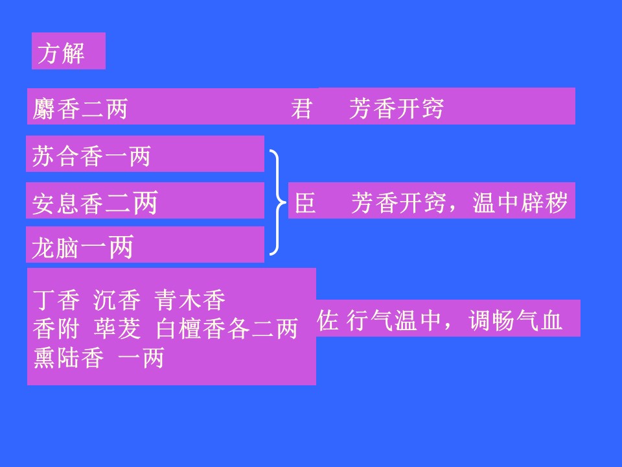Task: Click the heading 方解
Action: (x=61, y=53)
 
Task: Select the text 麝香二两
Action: (x=80, y=108)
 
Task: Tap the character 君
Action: (x=301, y=108)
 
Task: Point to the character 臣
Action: (x=305, y=202)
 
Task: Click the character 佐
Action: (x=328, y=320)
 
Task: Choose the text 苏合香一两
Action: (x=91, y=156)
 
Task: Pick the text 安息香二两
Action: (x=95, y=202)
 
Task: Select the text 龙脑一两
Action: (x=82, y=247)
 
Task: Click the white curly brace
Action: (x=278, y=202)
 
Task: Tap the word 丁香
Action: (x=56, y=300)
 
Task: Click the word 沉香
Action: (x=117, y=300)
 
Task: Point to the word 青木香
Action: (x=190, y=300)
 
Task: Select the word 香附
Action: (x=56, y=329)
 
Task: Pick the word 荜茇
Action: (x=117, y=329)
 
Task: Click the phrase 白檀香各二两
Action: (x=227, y=329)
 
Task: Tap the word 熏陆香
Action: (x=69, y=358)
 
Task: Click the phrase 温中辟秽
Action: (x=520, y=202)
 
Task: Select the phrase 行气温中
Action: (x=394, y=320)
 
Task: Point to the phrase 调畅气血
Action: (x=516, y=320)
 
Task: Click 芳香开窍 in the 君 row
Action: (x=397, y=108)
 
